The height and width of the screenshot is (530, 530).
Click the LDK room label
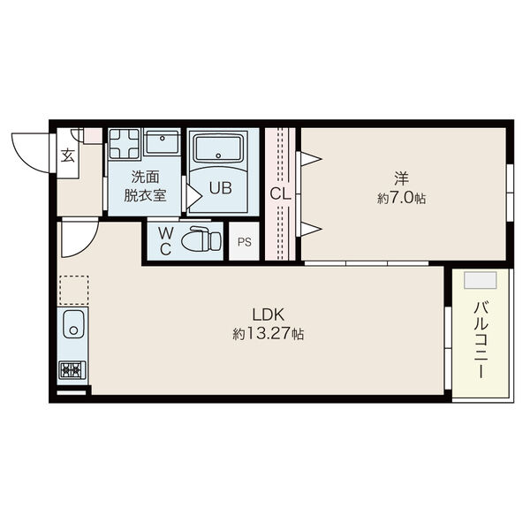(269, 314)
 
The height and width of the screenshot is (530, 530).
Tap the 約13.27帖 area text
(269, 334)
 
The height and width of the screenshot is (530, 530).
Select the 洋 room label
(402, 178)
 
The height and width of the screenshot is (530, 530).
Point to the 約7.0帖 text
(402, 198)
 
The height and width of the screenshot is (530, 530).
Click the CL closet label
(280, 194)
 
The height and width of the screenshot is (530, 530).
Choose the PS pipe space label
(245, 242)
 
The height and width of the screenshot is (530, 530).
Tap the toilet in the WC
(201, 238)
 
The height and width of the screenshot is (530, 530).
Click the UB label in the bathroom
(220, 188)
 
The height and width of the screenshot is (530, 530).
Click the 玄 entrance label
(68, 155)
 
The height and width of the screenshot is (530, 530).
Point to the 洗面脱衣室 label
(146, 186)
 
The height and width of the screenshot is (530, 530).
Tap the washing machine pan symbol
(125, 143)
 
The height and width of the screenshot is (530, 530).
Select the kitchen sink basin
(73, 323)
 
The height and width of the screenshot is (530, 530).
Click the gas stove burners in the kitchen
(72, 370)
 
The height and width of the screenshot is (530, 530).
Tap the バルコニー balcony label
(481, 340)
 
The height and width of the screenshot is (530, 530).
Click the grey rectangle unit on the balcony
(481, 280)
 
